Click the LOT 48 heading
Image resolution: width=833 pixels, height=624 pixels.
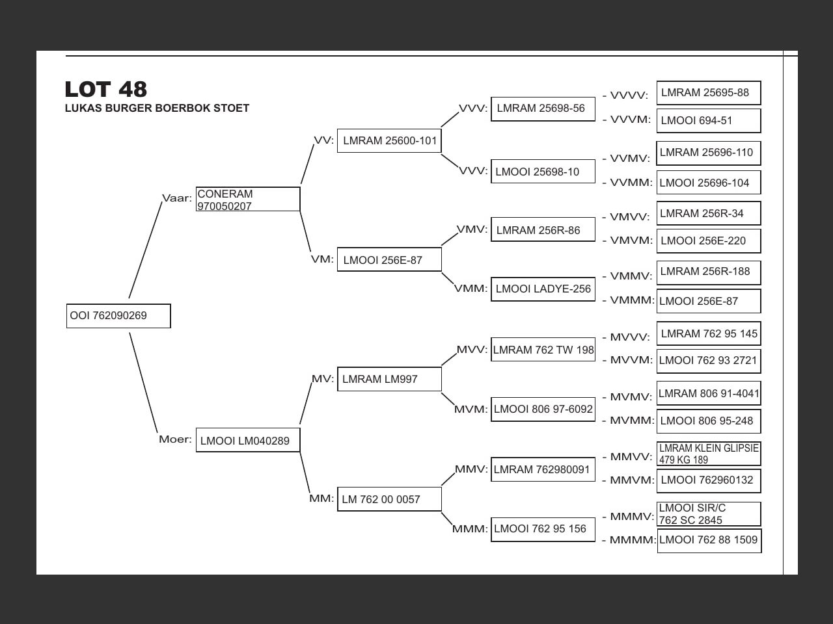(106, 89)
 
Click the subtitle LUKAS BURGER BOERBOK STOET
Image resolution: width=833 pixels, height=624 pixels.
(157, 109)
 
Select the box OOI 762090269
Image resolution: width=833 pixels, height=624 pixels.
(118, 316)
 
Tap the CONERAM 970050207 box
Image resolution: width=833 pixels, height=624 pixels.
(248, 200)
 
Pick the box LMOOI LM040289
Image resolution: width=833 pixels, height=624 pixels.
(248, 441)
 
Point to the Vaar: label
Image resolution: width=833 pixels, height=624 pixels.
(176, 198)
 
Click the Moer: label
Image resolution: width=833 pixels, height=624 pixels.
(175, 439)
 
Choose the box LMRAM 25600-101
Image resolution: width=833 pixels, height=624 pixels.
(389, 141)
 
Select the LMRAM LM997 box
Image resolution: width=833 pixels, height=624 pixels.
(389, 379)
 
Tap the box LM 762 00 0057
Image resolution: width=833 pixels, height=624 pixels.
(389, 499)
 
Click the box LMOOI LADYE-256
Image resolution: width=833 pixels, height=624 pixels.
(543, 289)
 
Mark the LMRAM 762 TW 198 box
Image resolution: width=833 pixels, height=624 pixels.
(543, 350)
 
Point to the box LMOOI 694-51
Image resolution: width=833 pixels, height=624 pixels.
(708, 121)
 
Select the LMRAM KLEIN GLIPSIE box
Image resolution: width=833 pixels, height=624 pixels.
(709, 454)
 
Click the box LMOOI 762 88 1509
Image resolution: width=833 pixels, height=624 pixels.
(709, 540)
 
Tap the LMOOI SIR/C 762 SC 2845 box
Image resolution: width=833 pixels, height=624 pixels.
(709, 514)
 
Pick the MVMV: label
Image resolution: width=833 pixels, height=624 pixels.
(631, 397)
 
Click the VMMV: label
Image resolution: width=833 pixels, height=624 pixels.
(631, 276)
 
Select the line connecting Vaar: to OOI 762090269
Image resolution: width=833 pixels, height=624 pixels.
(145, 250)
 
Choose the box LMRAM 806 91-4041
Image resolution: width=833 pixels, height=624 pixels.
(709, 394)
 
